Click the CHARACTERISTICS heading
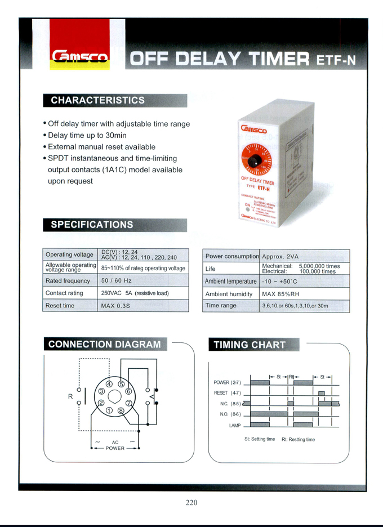click(x=97, y=100)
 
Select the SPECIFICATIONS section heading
click(x=92, y=225)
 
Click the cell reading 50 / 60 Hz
click(x=115, y=280)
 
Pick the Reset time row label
click(x=60, y=305)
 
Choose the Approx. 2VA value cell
click(x=280, y=256)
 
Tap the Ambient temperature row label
click(x=230, y=281)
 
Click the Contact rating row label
click(x=64, y=293)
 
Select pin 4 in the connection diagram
click(x=109, y=385)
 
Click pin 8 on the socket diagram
click(x=121, y=410)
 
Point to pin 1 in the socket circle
click(x=109, y=410)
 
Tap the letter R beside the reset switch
click(x=70, y=396)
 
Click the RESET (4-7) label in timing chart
click(x=228, y=393)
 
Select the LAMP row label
click(x=235, y=425)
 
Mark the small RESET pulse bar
click(x=322, y=393)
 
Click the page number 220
click(x=191, y=503)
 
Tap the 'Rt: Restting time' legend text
click(x=298, y=439)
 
